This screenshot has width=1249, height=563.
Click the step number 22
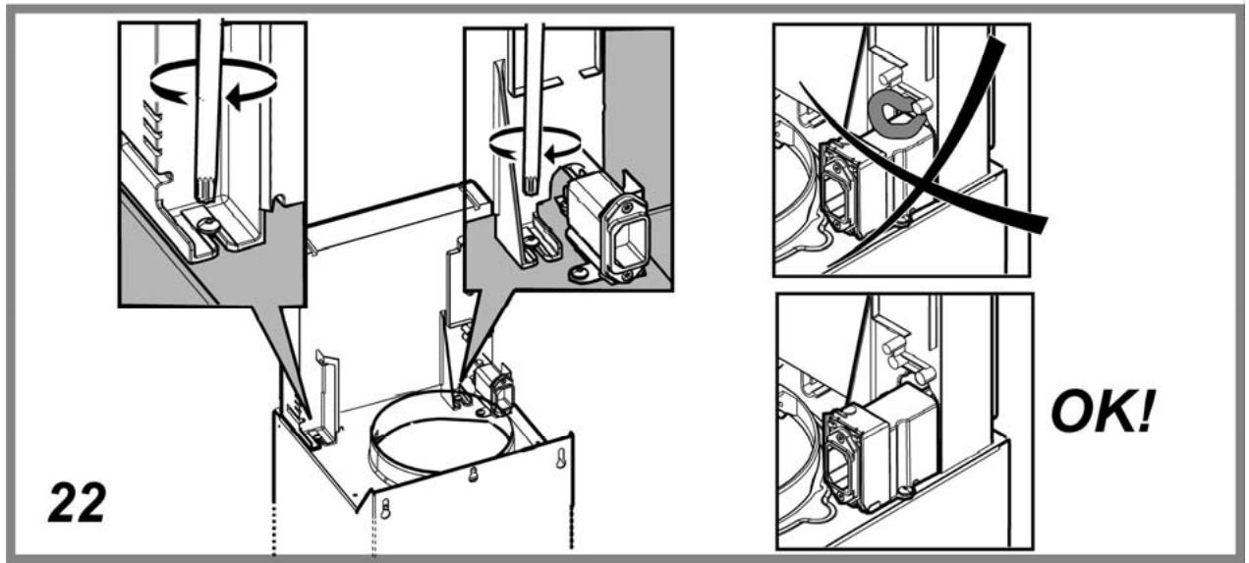click(77, 503)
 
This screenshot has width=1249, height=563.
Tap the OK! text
click(1103, 412)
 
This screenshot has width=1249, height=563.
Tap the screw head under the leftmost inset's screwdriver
click(207, 224)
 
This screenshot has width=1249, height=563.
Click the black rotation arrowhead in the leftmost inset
click(239, 96)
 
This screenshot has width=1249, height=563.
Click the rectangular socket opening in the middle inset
click(631, 243)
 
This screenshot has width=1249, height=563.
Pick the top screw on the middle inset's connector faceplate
click(628, 208)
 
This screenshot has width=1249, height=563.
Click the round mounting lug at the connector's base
click(580, 273)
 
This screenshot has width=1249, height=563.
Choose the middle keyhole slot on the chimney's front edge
click(473, 474)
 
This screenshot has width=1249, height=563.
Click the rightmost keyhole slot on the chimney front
click(561, 458)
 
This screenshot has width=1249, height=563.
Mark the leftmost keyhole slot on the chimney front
click(385, 509)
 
